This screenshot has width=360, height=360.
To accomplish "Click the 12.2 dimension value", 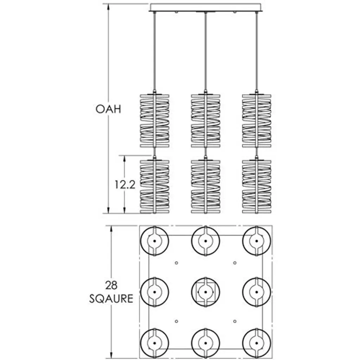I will [125, 185].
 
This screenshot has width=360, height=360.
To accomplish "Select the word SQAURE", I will [111, 299].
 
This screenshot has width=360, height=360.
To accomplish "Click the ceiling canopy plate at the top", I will [206, 7].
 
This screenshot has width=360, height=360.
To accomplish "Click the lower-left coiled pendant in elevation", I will [154, 187].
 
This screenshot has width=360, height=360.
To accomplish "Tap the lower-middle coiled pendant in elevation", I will [206, 187].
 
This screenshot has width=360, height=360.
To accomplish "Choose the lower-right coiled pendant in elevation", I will [257, 187].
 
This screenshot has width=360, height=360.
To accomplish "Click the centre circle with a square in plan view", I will [206, 292].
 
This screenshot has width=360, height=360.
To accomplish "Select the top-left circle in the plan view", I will [154, 241].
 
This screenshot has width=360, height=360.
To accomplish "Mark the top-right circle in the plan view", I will [257, 241].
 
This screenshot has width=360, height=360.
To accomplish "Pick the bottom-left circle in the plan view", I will [154, 343].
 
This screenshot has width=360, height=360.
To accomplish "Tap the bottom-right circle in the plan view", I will [257, 343].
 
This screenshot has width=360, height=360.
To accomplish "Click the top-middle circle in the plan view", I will [206, 241].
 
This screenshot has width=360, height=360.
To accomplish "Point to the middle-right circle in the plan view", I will [257, 292].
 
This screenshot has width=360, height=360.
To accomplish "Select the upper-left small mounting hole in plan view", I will [176, 263].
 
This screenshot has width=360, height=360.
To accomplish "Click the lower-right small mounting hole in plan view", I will [234, 321].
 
